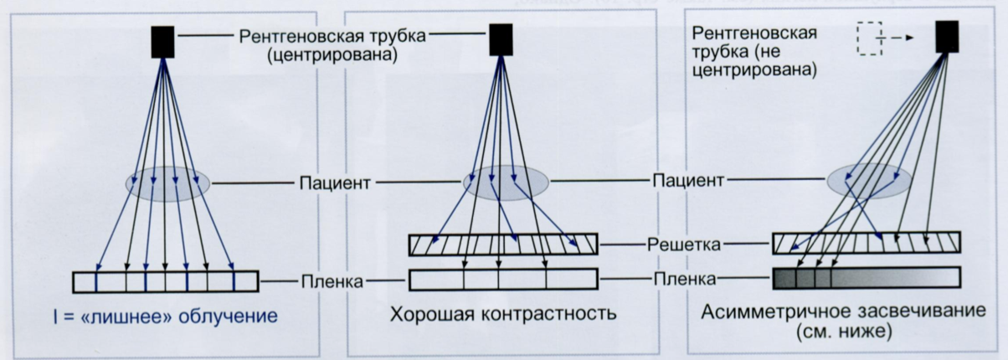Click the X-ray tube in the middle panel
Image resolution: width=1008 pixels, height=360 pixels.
[x=500, y=39]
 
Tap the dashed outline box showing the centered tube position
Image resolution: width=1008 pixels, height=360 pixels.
[x=870, y=39]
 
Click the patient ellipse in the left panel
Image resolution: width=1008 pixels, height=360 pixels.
[x=167, y=183]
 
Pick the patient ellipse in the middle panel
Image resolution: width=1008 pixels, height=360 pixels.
[x=506, y=182]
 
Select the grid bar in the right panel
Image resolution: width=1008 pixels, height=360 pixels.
[x=866, y=242]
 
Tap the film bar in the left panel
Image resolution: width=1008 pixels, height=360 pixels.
[x=166, y=282]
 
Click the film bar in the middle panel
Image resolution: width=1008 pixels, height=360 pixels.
[x=502, y=279]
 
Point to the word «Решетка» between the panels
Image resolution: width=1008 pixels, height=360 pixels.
[x=683, y=244]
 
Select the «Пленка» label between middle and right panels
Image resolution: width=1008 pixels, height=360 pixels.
[x=683, y=279]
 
